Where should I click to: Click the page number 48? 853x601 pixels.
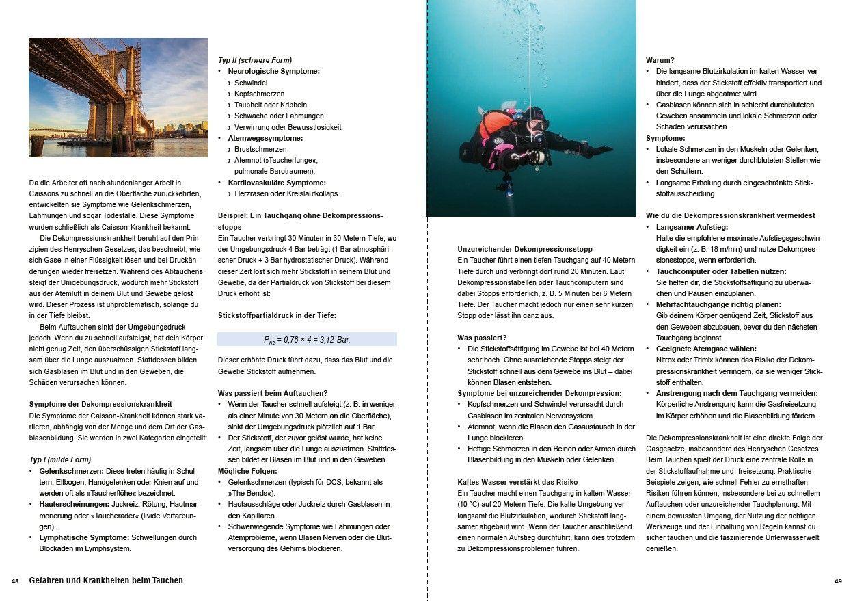pos(15,581)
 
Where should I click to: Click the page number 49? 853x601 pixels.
pos(838,581)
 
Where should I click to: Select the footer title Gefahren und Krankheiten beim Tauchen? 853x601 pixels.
pos(106,580)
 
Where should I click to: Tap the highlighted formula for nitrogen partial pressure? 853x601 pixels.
pos(307,339)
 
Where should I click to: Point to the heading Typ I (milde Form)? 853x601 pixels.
pos(60,459)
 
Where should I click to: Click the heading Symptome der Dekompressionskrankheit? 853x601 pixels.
pos(100,404)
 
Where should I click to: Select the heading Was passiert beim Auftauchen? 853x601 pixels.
pos(273,393)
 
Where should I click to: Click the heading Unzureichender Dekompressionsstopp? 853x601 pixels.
pos(525,249)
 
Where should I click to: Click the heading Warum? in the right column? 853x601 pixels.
pos(660,60)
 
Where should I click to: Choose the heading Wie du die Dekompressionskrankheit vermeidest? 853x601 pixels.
pos(730,215)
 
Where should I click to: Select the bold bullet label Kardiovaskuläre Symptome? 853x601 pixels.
pos(276,183)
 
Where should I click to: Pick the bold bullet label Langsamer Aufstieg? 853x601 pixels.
pos(692,226)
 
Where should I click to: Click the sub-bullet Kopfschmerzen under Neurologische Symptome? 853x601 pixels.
pos(259,94)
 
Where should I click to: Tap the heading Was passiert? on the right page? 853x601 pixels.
pos(482,338)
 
